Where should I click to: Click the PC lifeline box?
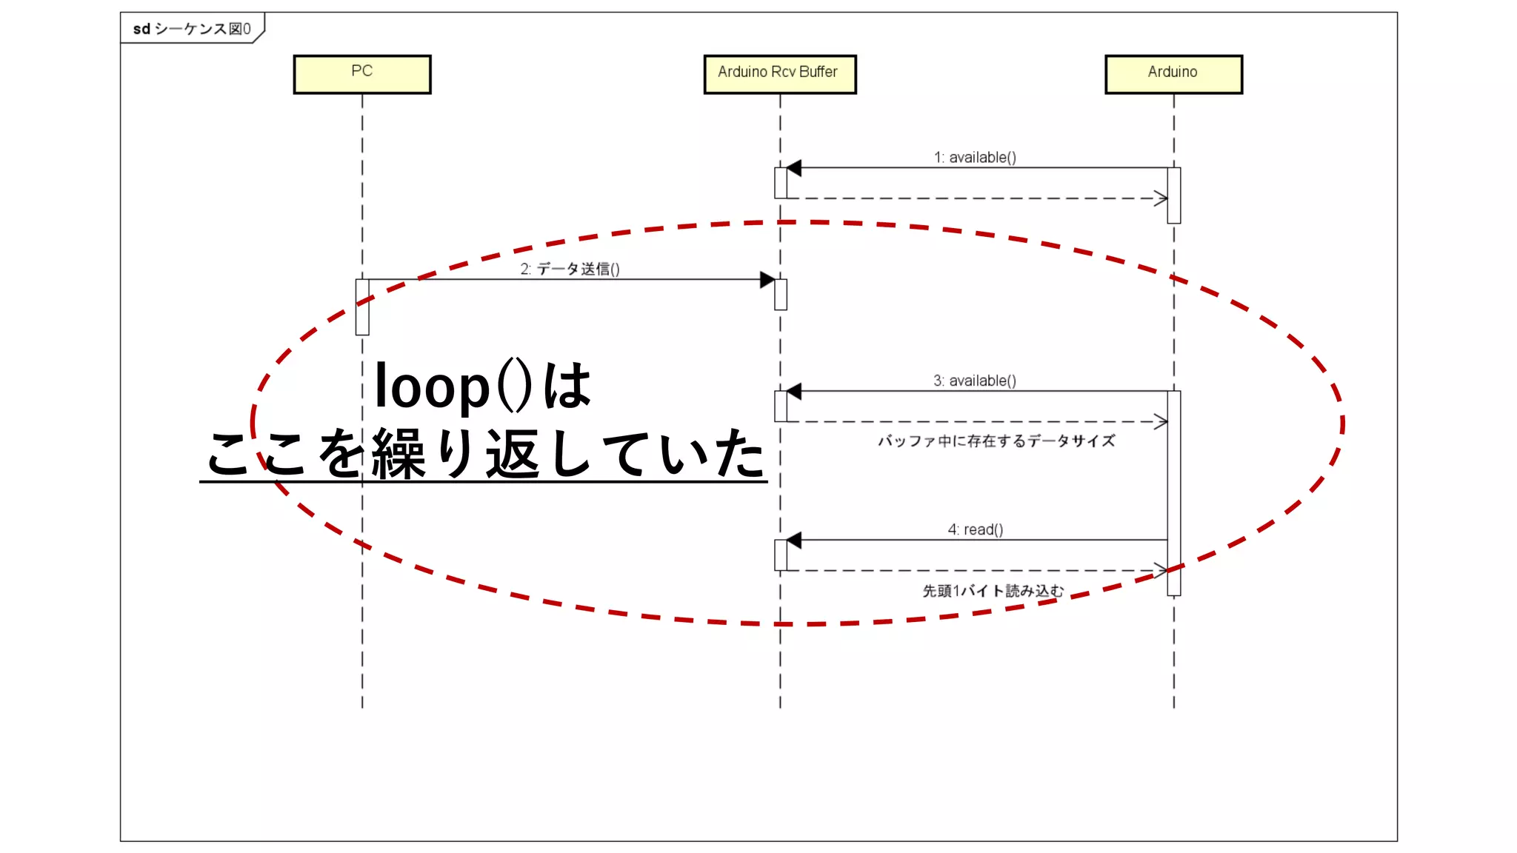[x=362, y=74]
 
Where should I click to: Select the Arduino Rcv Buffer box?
[x=780, y=74]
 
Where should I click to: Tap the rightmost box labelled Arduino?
[x=1173, y=74]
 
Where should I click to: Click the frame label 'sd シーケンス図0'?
[x=192, y=29]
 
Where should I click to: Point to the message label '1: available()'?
[x=975, y=157]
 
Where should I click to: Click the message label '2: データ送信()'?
[x=570, y=269]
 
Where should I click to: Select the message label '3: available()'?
[x=975, y=381]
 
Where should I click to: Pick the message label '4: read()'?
[x=976, y=529]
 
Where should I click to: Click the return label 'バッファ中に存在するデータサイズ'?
[x=996, y=441]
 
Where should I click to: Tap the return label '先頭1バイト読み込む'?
[x=993, y=591]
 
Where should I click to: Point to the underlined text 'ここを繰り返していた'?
[x=485, y=453]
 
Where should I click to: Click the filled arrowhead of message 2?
[x=767, y=280]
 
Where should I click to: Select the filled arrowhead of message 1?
[x=794, y=168]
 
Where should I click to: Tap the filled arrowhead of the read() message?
[x=794, y=541]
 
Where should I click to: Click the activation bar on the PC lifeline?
[x=362, y=307]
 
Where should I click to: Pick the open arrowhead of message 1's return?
[x=1161, y=198]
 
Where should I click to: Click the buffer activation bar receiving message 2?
[x=781, y=295]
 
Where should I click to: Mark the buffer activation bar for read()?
[x=781, y=555]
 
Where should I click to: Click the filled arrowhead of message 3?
[x=794, y=391]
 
